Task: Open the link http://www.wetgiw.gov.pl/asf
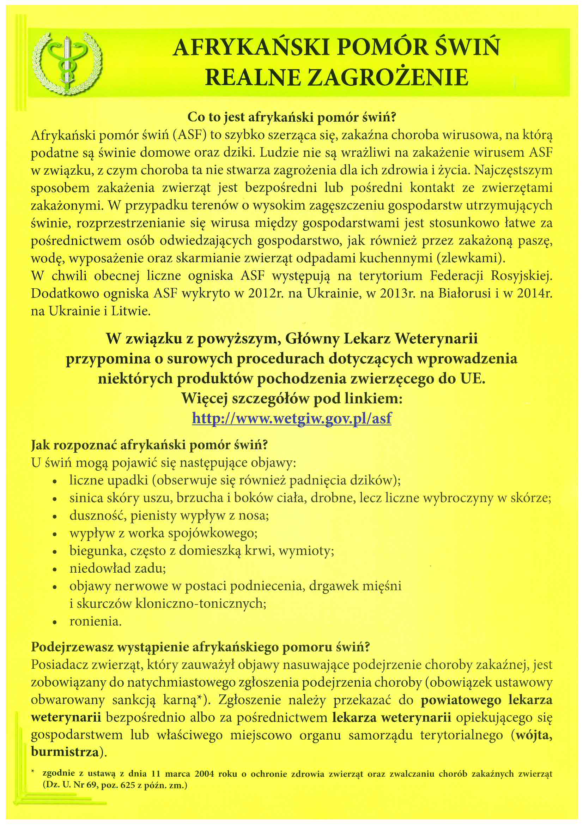tap(291, 418)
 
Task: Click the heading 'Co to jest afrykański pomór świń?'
tap(291, 117)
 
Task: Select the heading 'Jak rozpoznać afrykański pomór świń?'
tap(150, 445)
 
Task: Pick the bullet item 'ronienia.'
tap(96, 621)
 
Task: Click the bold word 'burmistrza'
tap(65, 752)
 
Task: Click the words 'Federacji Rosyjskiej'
tap(491, 276)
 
